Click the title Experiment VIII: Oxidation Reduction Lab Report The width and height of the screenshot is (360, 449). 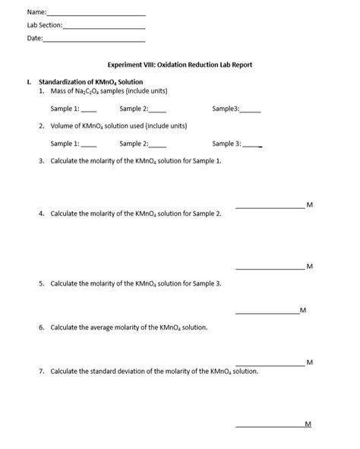coord(180,65)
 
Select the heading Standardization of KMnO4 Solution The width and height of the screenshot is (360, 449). coord(90,82)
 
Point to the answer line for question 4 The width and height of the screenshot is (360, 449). coord(270,268)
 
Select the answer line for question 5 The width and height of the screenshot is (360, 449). coord(267,312)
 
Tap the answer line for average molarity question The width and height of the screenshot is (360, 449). coord(270,365)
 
